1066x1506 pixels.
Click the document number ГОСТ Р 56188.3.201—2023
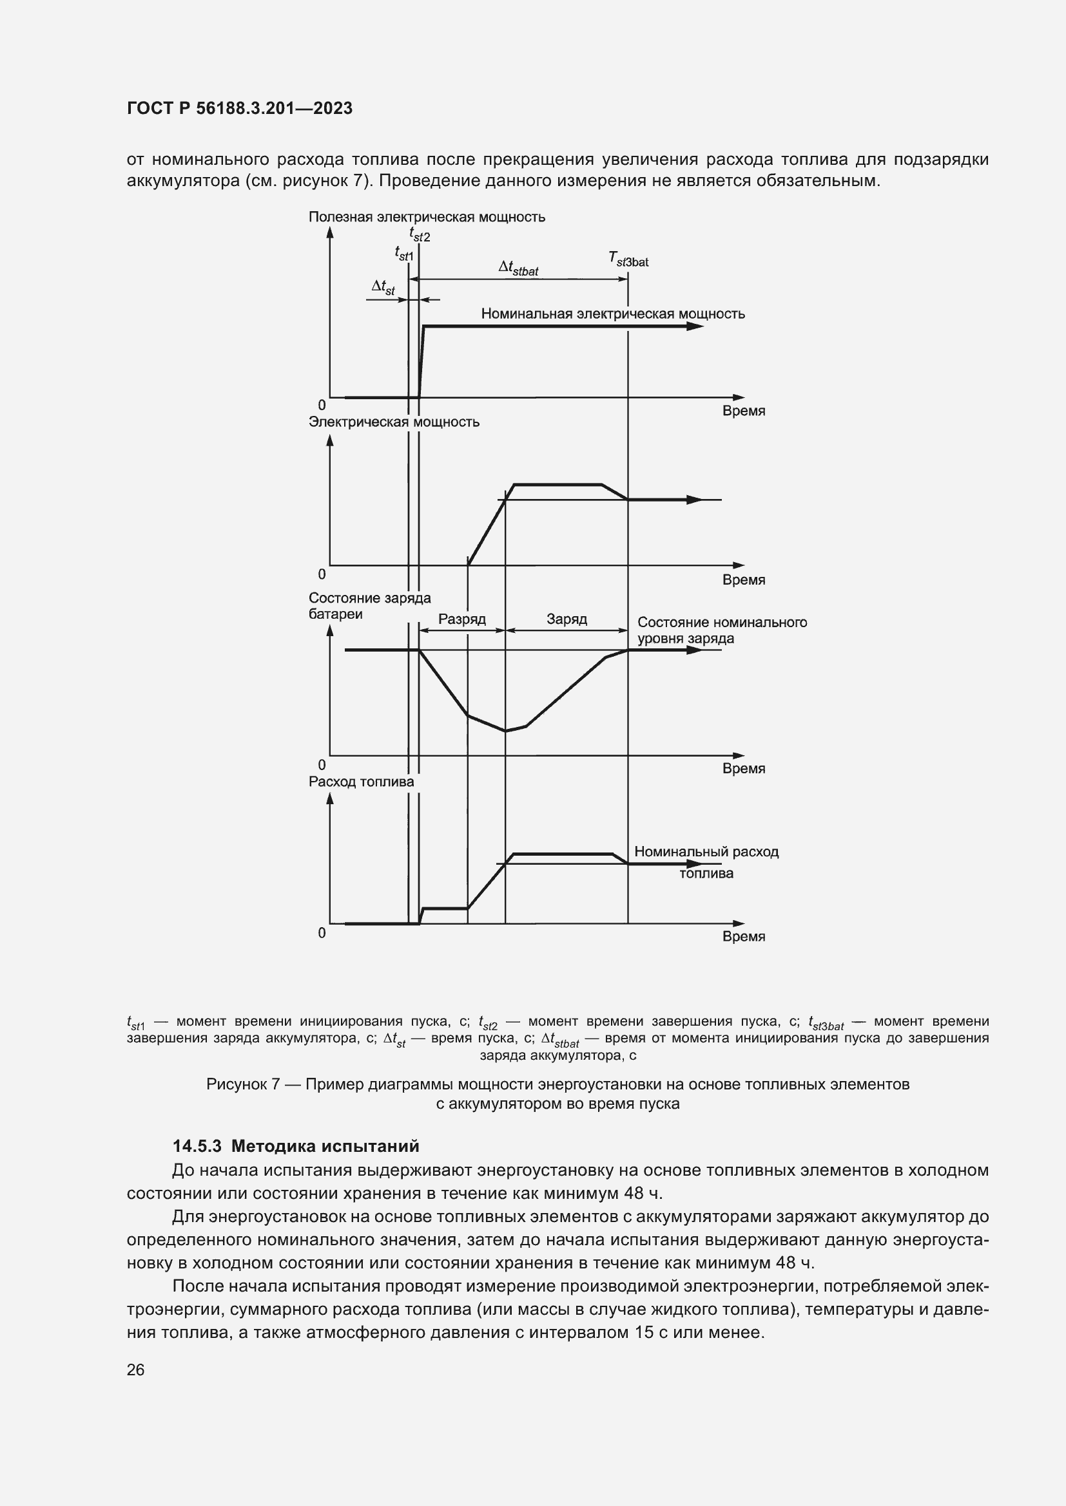click(x=240, y=109)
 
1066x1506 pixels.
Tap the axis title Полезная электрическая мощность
click(x=427, y=217)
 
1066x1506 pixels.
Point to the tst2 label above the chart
click(x=420, y=234)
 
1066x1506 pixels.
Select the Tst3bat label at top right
click(x=628, y=260)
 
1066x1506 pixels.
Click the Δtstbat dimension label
click(x=518, y=268)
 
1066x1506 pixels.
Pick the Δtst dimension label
click(x=383, y=287)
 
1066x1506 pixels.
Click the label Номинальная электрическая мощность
click(x=612, y=314)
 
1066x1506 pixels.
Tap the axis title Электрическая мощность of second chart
click(x=394, y=422)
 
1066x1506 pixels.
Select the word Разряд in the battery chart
click(x=461, y=619)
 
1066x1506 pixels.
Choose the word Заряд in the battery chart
click(x=567, y=619)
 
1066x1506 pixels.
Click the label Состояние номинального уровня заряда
click(x=721, y=630)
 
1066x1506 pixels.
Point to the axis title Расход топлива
click(x=361, y=782)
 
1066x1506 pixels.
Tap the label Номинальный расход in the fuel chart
click(x=706, y=852)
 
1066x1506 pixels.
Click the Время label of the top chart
click(x=743, y=411)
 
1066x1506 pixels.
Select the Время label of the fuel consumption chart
click(x=743, y=937)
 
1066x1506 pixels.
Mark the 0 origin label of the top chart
click(x=322, y=406)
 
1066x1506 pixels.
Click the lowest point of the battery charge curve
click(x=505, y=731)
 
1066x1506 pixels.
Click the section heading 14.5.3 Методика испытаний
click(x=295, y=1147)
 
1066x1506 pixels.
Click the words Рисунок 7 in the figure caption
click(x=243, y=1085)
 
